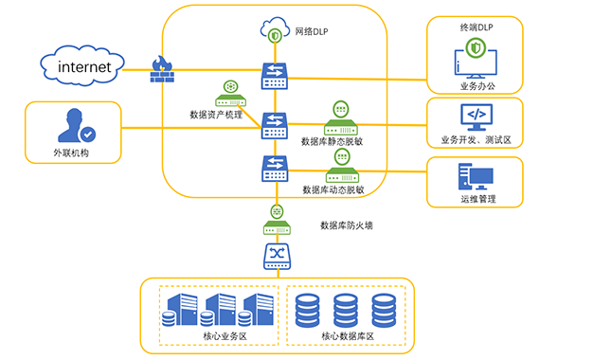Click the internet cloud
click(x=82, y=66)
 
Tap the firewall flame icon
click(x=162, y=69)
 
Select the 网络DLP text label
click(x=312, y=31)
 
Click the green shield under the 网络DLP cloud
click(x=275, y=36)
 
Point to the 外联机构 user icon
click(x=77, y=125)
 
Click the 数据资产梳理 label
click(x=216, y=115)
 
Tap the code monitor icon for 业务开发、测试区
click(x=476, y=117)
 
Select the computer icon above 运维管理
click(x=476, y=176)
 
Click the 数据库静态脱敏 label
click(x=332, y=141)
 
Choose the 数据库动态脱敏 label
click(x=333, y=189)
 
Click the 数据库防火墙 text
click(x=347, y=225)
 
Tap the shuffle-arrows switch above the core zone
click(x=277, y=257)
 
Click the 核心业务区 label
click(x=225, y=336)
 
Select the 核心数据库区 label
click(x=348, y=336)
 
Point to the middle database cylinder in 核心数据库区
click(x=346, y=311)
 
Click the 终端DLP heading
click(x=476, y=27)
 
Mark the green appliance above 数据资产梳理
click(x=231, y=94)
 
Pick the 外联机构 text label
click(x=71, y=153)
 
